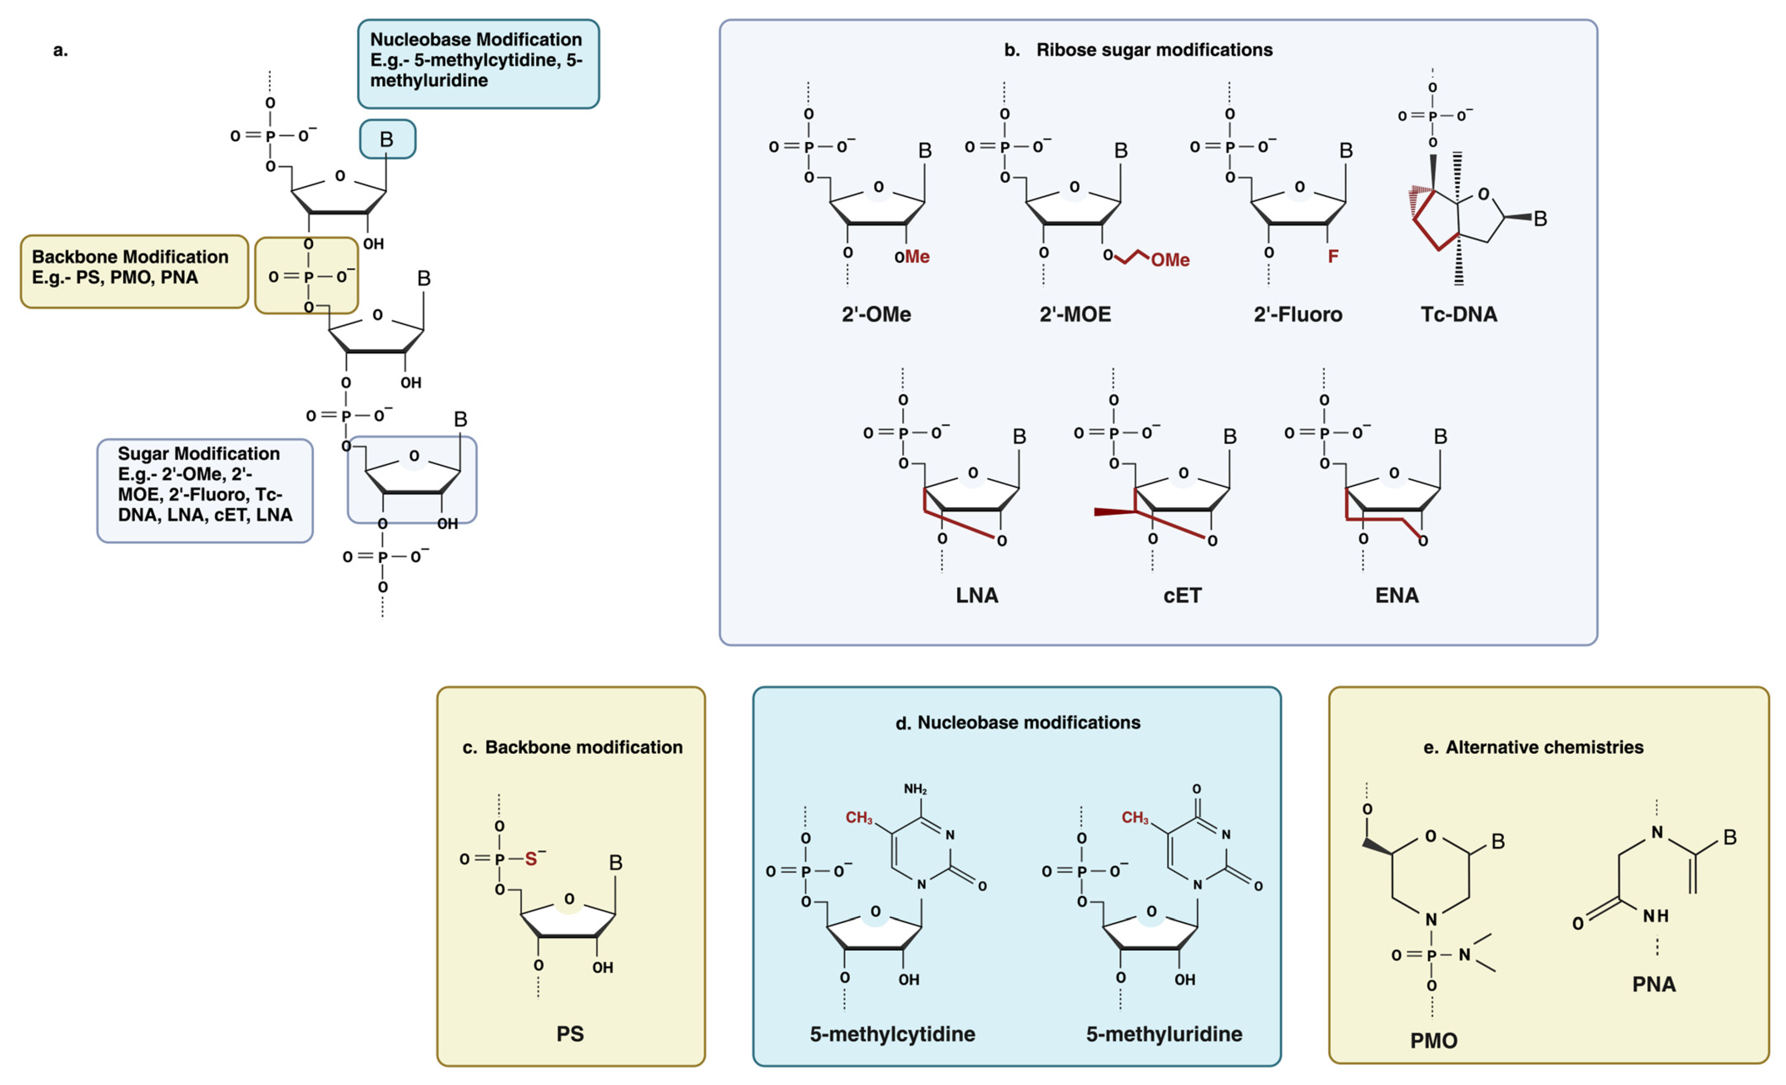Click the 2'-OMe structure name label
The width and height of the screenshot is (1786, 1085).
[x=876, y=314]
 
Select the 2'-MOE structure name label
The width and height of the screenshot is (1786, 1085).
[x=1075, y=314]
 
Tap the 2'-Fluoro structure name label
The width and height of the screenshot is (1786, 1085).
[x=1297, y=314]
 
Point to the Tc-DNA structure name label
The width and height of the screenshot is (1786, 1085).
[x=1458, y=314]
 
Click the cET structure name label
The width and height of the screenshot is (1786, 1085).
[x=1182, y=596]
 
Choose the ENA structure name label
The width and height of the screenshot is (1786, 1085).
[x=1397, y=596]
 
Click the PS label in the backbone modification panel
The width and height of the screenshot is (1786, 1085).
[x=570, y=1034]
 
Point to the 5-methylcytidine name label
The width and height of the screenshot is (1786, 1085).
[x=892, y=1034]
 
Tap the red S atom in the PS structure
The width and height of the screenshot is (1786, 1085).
[x=531, y=859]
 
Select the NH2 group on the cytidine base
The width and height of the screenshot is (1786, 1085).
[x=915, y=789]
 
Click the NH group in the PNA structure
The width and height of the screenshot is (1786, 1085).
[x=1656, y=916]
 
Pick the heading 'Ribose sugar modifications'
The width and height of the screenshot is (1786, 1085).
[x=1154, y=50]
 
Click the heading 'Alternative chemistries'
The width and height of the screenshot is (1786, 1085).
[x=1544, y=747]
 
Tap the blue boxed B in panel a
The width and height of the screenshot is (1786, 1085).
[x=387, y=139]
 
